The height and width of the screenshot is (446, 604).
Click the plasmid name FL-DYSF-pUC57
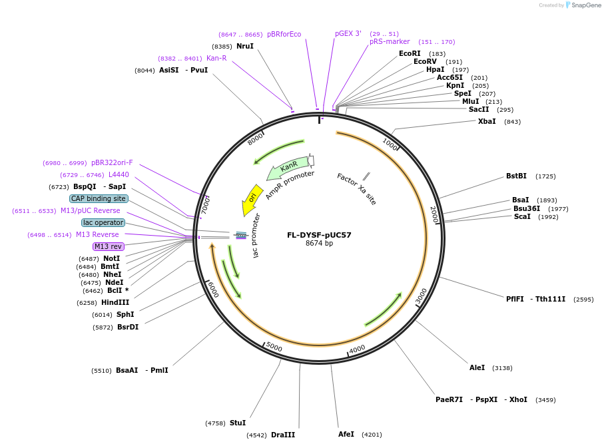coord(319,235)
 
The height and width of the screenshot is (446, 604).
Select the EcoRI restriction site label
coord(410,53)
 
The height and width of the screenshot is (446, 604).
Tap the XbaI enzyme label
coord(487,121)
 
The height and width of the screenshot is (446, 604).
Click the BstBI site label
coord(516,176)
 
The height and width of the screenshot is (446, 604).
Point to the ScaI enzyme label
coord(522,216)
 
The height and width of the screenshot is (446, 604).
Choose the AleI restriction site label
coord(477,367)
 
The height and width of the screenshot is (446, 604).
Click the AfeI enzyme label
coord(346,434)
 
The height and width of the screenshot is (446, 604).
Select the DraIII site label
coord(282,435)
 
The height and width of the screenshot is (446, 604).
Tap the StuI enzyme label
coord(238,423)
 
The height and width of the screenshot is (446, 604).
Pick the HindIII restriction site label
coord(115,302)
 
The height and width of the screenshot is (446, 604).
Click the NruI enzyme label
coord(245,46)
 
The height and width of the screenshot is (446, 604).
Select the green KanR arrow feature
coord(288,168)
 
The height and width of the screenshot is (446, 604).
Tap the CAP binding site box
coord(99,198)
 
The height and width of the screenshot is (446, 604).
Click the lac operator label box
coord(103,222)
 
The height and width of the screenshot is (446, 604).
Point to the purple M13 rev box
coord(108,246)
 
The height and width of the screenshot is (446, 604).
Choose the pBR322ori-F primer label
coord(112,162)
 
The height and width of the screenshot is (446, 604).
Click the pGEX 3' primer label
coord(348,33)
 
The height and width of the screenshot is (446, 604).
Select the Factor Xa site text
coord(356,189)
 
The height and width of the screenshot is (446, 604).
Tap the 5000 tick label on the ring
coord(274,347)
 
